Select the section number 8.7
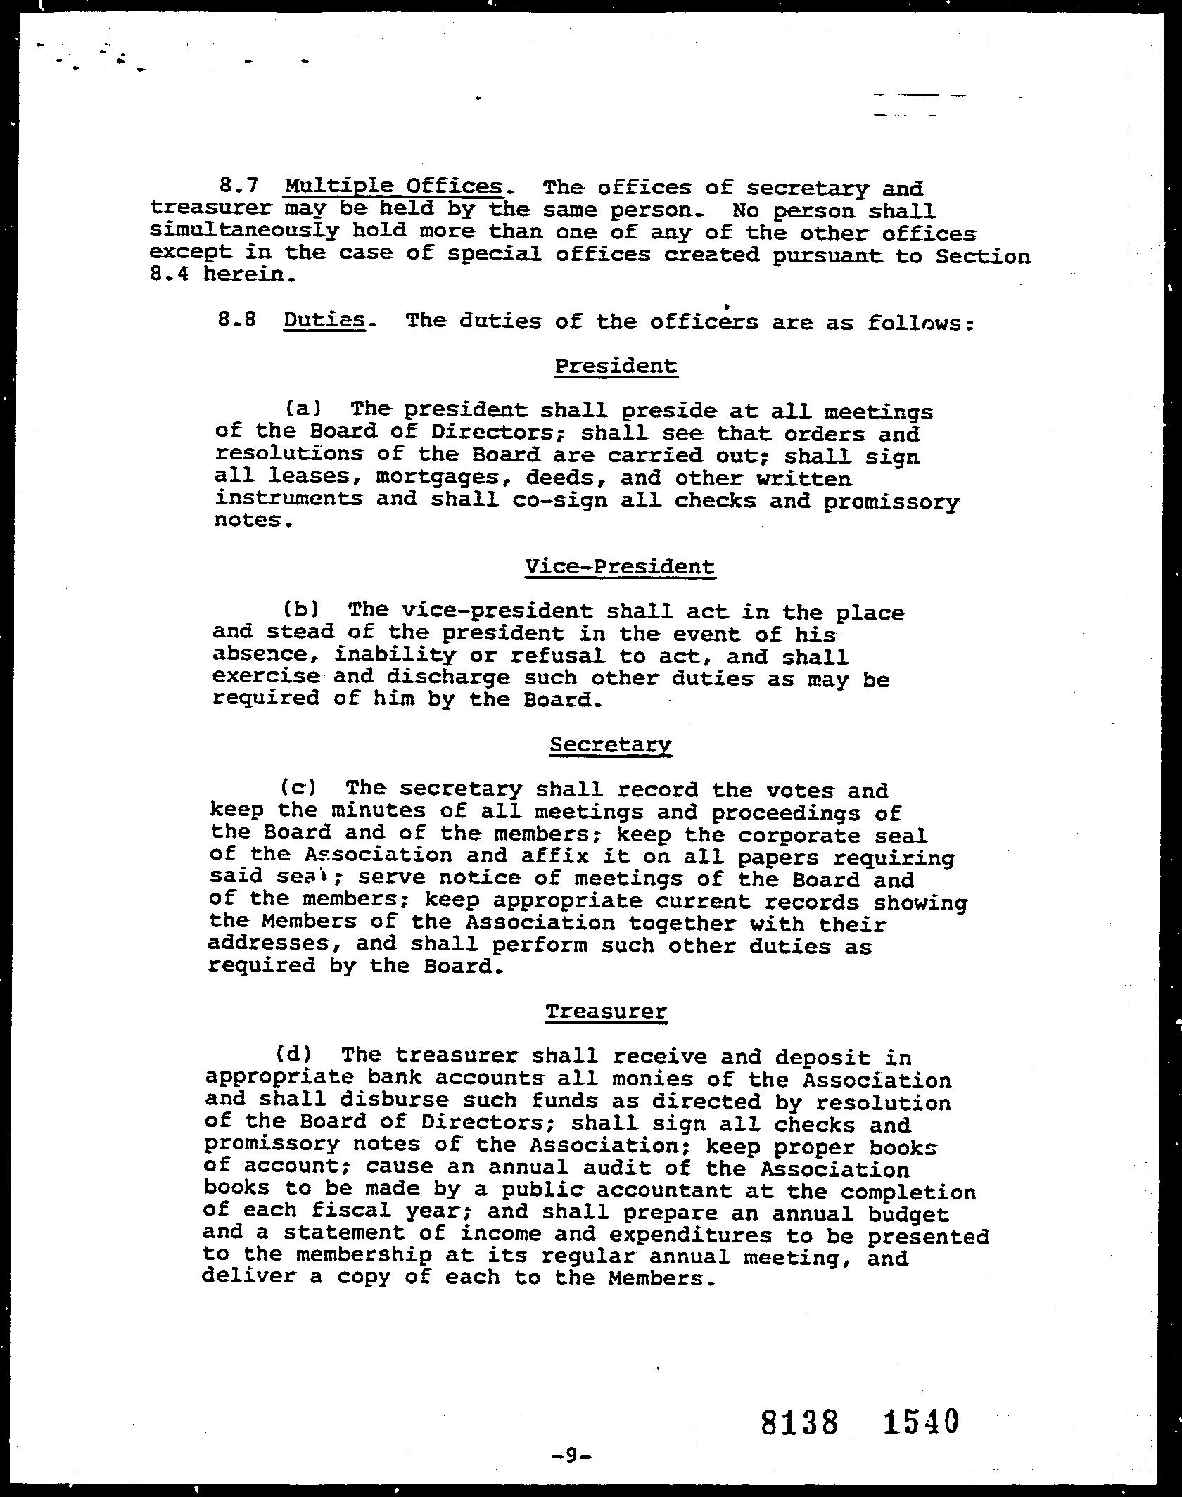[x=239, y=186]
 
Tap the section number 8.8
[x=236, y=321]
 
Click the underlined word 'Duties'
[x=324, y=321]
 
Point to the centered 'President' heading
[x=616, y=366]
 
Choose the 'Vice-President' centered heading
[x=620, y=566]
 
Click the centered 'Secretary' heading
[x=611, y=744]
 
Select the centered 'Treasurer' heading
[x=606, y=1012]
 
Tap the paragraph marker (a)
[x=303, y=408]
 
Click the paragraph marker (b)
[x=301, y=609]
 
